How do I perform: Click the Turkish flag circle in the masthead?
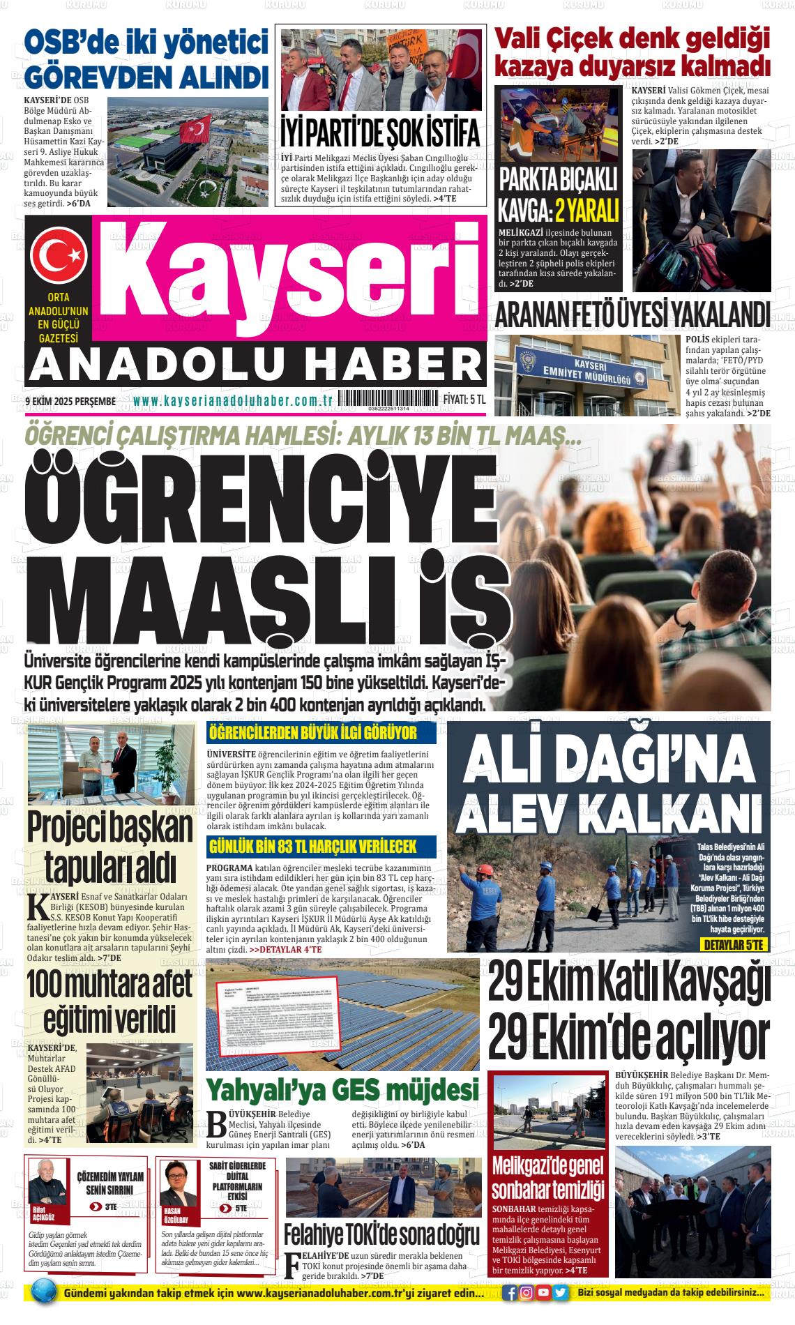click(57, 255)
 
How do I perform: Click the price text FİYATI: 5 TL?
click(464, 400)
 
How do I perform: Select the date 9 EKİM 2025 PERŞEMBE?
click(70, 401)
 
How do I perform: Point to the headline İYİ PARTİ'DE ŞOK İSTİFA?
click(380, 131)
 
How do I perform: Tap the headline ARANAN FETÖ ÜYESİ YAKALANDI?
click(633, 315)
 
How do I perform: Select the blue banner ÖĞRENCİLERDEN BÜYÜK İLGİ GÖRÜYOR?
click(322, 733)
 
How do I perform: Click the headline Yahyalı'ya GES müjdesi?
click(343, 1089)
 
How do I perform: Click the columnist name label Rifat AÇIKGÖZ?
click(43, 1213)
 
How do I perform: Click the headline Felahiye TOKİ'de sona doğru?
click(381, 1235)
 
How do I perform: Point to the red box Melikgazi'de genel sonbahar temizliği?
click(548, 1179)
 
